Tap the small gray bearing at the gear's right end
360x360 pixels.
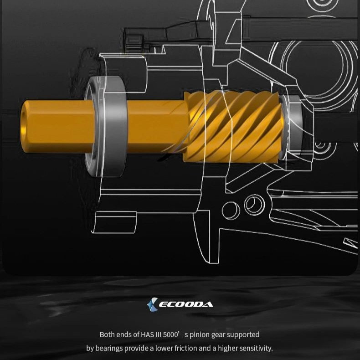coord(291,127)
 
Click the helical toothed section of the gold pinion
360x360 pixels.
coord(233,127)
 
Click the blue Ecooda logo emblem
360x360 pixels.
coord(153,304)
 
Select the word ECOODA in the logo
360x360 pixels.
coord(186,305)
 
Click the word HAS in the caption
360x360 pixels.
coord(147,334)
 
